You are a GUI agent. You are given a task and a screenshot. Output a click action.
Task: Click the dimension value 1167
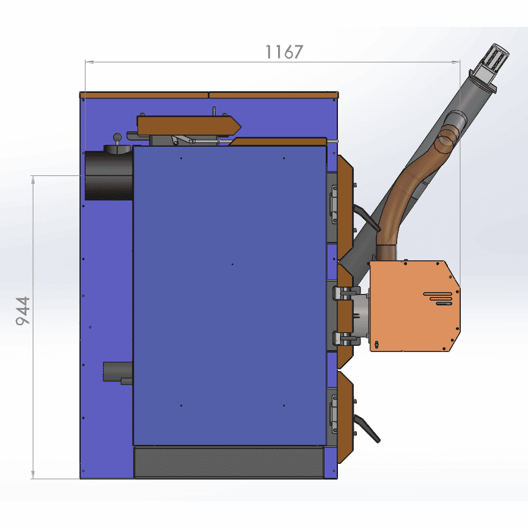[x=284, y=52]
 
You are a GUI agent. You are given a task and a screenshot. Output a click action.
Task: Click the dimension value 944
[x=23, y=311]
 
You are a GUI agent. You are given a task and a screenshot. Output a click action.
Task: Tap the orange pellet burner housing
[x=415, y=306]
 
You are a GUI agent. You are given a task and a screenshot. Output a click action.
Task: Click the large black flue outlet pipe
[x=108, y=175]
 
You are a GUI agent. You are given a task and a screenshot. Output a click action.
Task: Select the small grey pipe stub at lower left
[x=117, y=372]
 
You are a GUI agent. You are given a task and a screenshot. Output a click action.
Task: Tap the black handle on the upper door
[x=367, y=218]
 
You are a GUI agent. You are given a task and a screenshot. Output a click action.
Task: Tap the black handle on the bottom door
[x=367, y=428]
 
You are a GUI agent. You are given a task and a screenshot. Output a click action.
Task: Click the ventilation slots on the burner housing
[x=438, y=298]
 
